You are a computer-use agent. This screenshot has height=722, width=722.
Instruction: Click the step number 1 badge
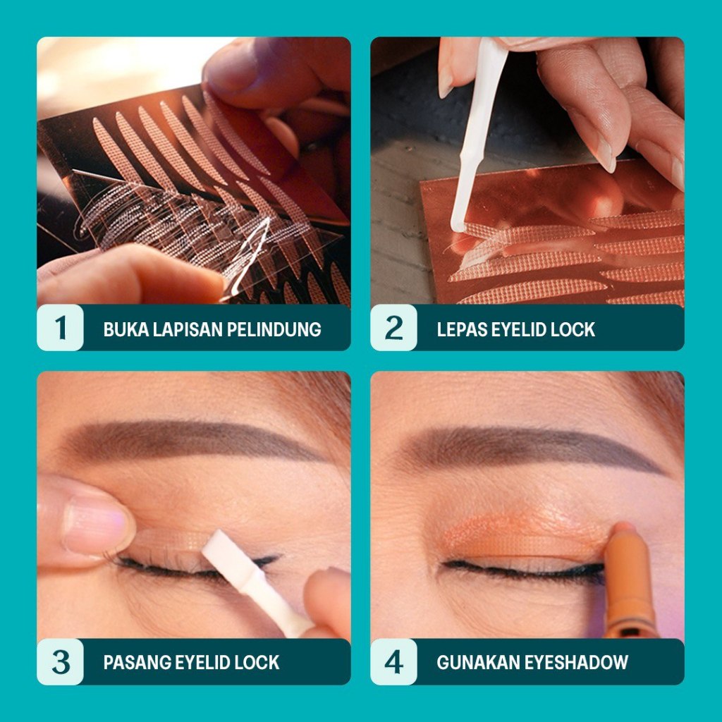pyautogui.click(x=61, y=328)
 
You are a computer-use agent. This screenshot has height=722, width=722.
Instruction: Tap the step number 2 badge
pyautogui.click(x=393, y=328)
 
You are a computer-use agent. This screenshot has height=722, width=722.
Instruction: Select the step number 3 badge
pyautogui.click(x=61, y=662)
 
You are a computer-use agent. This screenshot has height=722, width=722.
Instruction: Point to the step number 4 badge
pyautogui.click(x=393, y=662)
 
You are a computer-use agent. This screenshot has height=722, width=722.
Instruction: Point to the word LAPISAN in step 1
pyautogui.click(x=192, y=329)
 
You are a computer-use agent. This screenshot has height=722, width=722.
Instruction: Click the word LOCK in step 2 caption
pyautogui.click(x=573, y=329)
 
